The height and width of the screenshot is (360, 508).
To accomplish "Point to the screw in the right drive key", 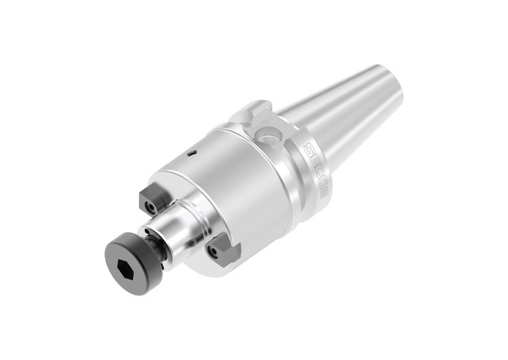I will click(212, 253).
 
